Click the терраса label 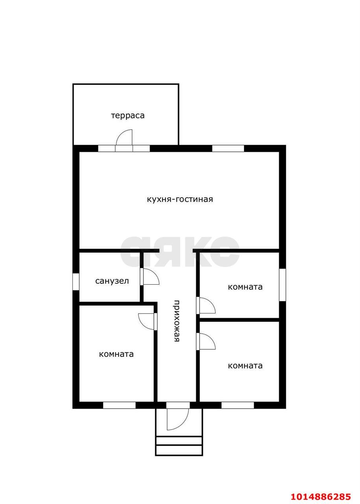127,116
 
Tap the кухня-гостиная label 180,199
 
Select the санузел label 112,281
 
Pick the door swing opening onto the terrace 124,137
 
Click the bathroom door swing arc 151,276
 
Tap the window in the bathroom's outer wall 76,282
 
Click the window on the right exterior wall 282,285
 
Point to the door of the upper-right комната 207,305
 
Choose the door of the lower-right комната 207,341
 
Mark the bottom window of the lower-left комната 119,405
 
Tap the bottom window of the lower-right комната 238,405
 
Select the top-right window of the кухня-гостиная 228,148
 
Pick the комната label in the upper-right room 245,287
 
